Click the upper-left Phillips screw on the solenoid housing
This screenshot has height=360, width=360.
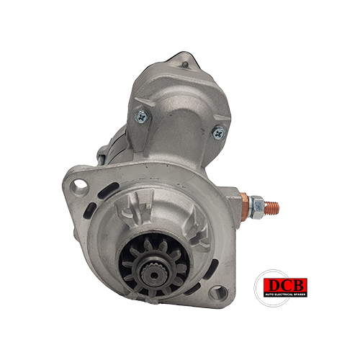(141, 117)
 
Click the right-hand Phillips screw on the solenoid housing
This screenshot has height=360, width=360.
(219, 132)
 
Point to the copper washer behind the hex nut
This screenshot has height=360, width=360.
(244, 207)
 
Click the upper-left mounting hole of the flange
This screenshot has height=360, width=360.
(78, 186)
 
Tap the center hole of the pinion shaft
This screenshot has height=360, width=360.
(154, 275)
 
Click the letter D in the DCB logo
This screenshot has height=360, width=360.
(274, 286)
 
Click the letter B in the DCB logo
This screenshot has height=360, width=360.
(300, 285)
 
